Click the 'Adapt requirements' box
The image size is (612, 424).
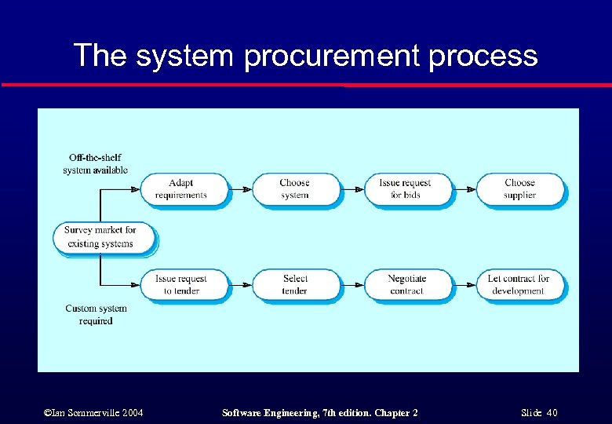click(x=182, y=189)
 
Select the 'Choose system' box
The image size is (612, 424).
click(x=295, y=189)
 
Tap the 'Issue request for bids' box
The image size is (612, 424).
click(x=406, y=189)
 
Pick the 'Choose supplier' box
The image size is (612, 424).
click(x=519, y=189)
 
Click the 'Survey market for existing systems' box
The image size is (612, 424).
click(x=101, y=237)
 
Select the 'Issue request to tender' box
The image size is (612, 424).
click(x=182, y=284)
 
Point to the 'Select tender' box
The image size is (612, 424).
click(x=295, y=284)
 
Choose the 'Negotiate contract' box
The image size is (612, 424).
click(x=406, y=284)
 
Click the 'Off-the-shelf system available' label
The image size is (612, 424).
click(x=95, y=163)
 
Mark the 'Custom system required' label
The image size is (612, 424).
click(x=96, y=315)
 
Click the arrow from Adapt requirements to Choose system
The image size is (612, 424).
click(x=241, y=189)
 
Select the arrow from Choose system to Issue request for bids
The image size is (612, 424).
click(x=353, y=189)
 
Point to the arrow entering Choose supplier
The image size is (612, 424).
click(x=465, y=189)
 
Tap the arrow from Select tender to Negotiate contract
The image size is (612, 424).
click(x=353, y=284)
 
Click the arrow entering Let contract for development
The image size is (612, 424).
click(x=465, y=284)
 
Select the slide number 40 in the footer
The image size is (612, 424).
click(x=552, y=413)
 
